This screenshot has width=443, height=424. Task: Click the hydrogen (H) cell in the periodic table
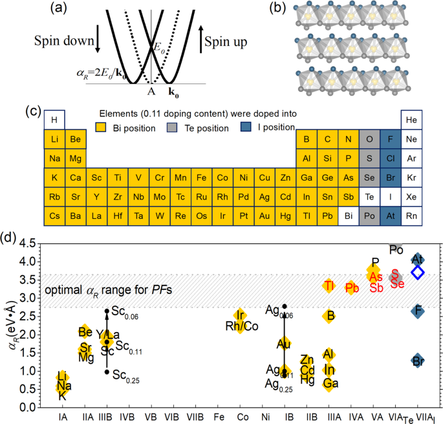click(55, 120)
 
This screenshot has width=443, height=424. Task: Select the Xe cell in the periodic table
click(411, 195)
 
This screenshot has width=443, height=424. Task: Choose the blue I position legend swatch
click(250, 128)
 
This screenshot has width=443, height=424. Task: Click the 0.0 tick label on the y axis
click(27, 407)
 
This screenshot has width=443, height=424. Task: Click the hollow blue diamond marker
click(418, 273)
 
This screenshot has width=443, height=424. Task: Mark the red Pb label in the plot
click(352, 287)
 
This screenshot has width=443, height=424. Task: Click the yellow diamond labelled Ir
click(240, 315)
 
